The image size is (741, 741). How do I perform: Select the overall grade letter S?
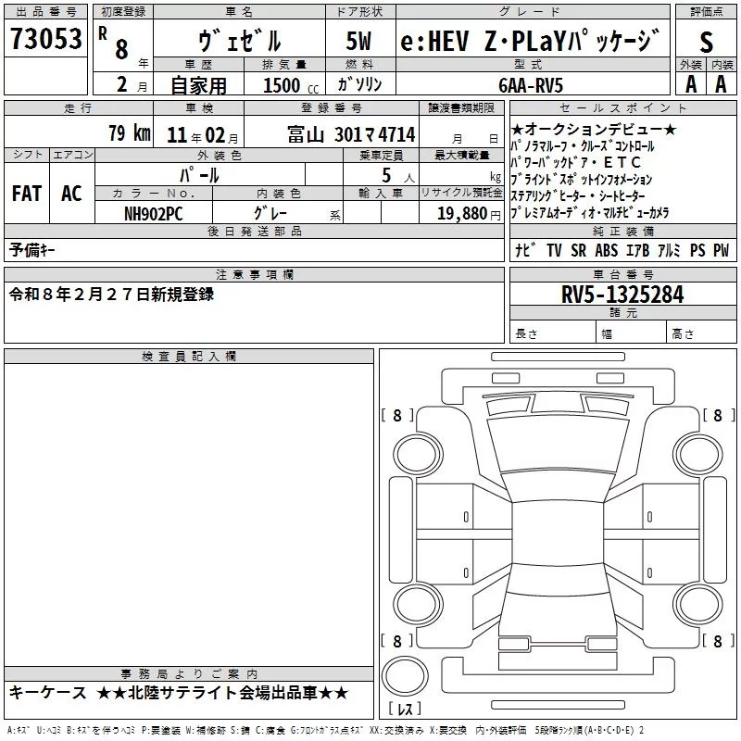coord(707,41)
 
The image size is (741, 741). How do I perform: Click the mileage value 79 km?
coord(129,133)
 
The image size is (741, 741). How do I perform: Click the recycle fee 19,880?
coord(465,213)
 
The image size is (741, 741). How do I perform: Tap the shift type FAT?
coord(26,194)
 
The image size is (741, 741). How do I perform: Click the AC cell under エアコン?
coord(71,194)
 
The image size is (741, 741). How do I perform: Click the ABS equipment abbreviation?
coord(606,251)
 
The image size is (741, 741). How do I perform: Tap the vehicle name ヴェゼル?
coord(240,41)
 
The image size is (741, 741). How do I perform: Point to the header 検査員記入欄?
coord(189,357)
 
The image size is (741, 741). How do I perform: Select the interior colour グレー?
coord(269,213)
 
